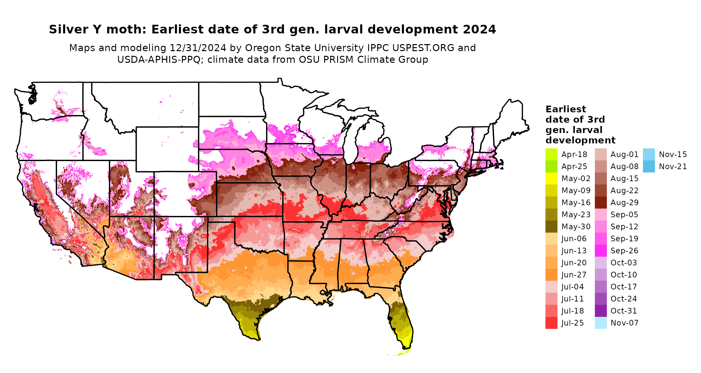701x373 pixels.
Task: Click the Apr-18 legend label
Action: (x=574, y=154)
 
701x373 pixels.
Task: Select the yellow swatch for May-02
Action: (x=551, y=178)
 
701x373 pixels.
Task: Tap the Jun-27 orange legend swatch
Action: (x=551, y=275)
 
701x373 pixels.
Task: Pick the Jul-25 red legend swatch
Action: (x=551, y=323)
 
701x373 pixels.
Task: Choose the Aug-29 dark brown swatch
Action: (x=601, y=203)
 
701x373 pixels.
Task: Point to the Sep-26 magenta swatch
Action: (x=601, y=251)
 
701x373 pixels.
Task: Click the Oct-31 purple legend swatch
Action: (x=601, y=311)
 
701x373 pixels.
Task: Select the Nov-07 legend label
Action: (x=624, y=323)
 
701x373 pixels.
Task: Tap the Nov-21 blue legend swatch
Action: (x=649, y=166)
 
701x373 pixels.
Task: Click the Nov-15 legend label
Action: (x=673, y=154)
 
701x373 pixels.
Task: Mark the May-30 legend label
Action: (x=576, y=227)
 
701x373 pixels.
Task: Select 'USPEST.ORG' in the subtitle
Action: (x=423, y=48)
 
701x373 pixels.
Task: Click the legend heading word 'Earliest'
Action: (x=565, y=109)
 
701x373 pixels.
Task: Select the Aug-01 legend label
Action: (x=624, y=154)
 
